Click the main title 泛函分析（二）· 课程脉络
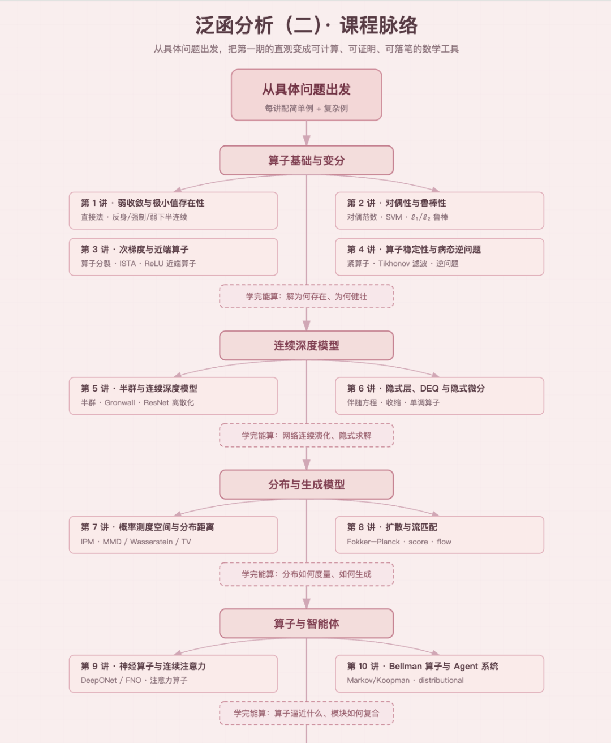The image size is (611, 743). pyautogui.click(x=307, y=25)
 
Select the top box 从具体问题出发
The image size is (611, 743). pyautogui.click(x=307, y=95)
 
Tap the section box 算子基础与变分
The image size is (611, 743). pyautogui.click(x=307, y=160)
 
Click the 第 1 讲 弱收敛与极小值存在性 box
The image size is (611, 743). pyautogui.click(x=173, y=211)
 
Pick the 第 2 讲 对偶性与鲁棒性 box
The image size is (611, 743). pyautogui.click(x=440, y=211)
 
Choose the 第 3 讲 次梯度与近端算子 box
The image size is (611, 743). pyautogui.click(x=173, y=257)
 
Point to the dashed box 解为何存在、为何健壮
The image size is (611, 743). pyautogui.click(x=307, y=297)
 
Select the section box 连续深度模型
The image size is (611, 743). pyautogui.click(x=307, y=346)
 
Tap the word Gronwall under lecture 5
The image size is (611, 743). pyautogui.click(x=120, y=403)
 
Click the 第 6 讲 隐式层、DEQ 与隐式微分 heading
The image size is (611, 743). pyautogui.click(x=416, y=388)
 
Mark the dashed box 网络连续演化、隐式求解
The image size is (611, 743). pyautogui.click(x=307, y=435)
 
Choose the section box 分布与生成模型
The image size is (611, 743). pyautogui.click(x=307, y=484)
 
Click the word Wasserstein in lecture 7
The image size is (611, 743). pyautogui.click(x=152, y=542)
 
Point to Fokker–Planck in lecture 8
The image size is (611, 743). pyautogui.click(x=373, y=542)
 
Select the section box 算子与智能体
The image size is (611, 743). pyautogui.click(x=307, y=624)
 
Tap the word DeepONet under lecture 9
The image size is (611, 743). pyautogui.click(x=98, y=680)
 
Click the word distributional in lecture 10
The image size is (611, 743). pyautogui.click(x=441, y=680)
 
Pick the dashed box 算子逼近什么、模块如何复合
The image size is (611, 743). pyautogui.click(x=307, y=714)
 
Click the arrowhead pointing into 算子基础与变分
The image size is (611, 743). pyautogui.click(x=307, y=140)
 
